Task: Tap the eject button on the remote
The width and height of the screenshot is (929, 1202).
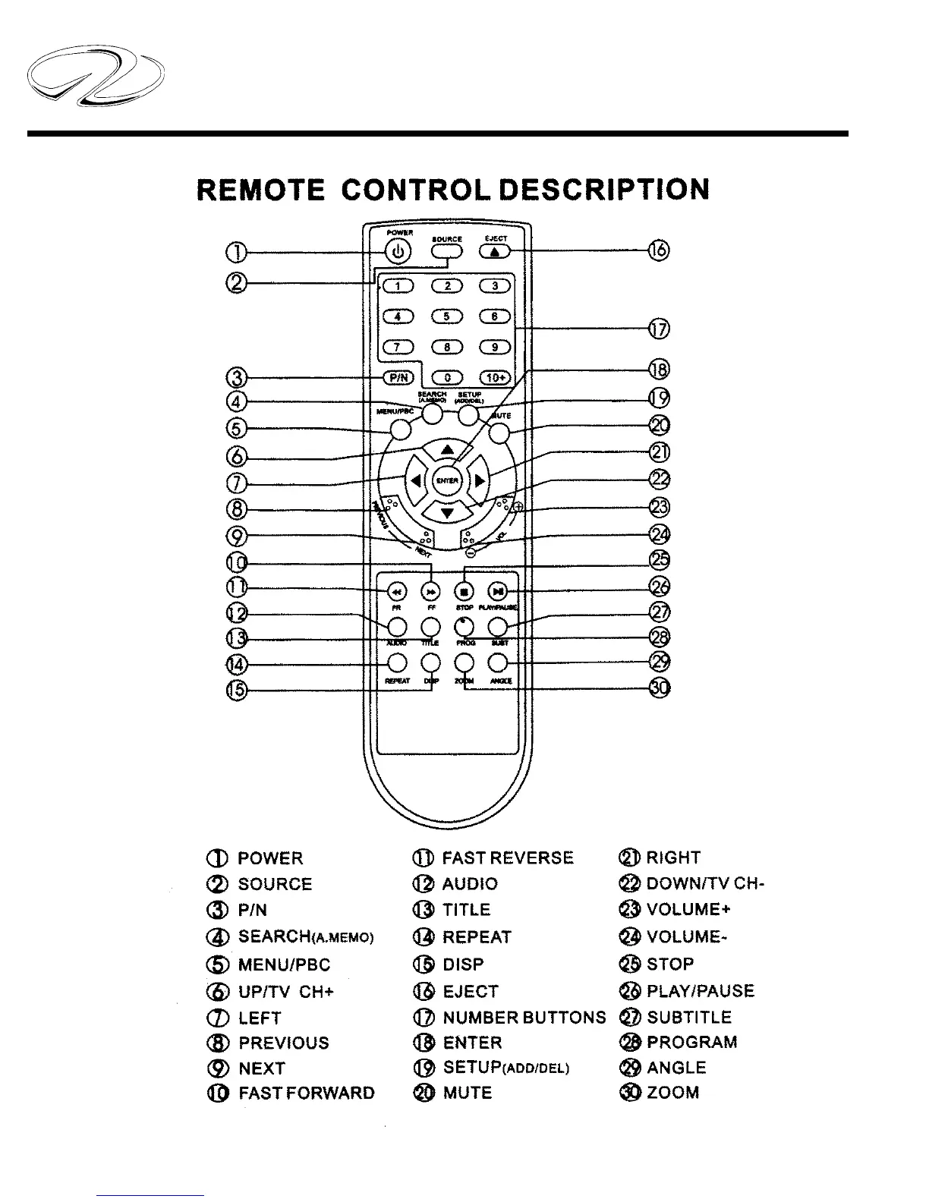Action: [496, 252]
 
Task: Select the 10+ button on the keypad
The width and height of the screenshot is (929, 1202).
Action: [496, 377]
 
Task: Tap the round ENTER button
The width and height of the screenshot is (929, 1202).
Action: [447, 480]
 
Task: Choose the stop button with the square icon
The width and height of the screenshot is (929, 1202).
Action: [465, 591]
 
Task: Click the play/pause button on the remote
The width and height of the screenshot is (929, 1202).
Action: [497, 591]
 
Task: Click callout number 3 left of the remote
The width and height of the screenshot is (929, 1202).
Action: [238, 377]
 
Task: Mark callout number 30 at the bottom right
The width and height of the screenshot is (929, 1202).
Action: [661, 688]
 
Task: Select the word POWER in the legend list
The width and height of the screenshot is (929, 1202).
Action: [270, 858]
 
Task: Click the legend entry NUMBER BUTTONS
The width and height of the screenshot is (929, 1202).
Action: [524, 1017]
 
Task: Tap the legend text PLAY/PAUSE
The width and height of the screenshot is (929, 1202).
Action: [700, 991]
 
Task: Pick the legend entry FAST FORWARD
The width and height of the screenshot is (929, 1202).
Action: [306, 1093]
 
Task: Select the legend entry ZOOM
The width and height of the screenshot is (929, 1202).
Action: [672, 1093]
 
